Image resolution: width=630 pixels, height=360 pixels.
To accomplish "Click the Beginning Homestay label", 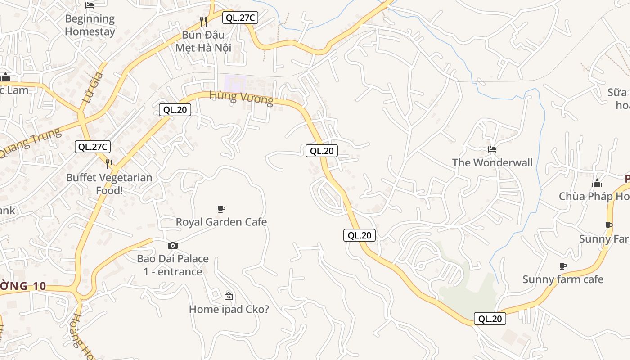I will (x=90, y=25).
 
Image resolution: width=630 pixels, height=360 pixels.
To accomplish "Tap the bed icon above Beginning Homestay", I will (x=90, y=5).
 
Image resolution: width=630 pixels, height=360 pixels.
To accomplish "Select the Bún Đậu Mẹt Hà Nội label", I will (x=203, y=41).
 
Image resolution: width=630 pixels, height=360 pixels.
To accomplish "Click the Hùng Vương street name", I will (x=241, y=97).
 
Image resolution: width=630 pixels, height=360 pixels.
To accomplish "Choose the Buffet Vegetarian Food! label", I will (x=109, y=184).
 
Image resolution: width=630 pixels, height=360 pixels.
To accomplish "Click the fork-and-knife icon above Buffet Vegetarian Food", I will (x=109, y=163).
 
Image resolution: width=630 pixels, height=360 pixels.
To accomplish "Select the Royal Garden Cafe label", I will (x=221, y=222).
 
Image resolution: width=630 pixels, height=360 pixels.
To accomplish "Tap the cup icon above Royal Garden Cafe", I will (x=221, y=209).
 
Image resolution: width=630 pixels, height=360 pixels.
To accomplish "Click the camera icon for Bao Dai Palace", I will (x=173, y=245).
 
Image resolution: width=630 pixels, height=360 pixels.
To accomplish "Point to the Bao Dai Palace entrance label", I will (x=173, y=265).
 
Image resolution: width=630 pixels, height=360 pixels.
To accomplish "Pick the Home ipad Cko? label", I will (x=229, y=309).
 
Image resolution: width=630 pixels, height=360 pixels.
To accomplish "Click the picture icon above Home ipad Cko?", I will (x=229, y=296).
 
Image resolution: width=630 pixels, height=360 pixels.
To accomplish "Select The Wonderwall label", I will (x=492, y=162).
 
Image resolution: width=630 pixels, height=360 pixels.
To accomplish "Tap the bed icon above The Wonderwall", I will (x=492, y=149).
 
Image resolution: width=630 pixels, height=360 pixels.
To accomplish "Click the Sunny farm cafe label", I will (x=563, y=279).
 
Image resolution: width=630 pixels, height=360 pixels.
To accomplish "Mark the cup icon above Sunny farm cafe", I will (x=562, y=266).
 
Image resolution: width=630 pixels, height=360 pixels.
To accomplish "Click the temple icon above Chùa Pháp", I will (x=597, y=183).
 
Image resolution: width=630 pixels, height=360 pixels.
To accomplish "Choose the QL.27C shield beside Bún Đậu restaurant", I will (x=240, y=18).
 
